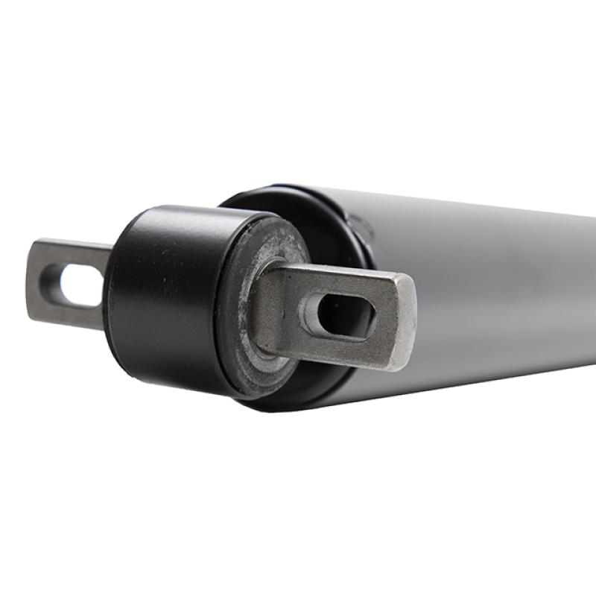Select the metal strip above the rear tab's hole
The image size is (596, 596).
[74, 253]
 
